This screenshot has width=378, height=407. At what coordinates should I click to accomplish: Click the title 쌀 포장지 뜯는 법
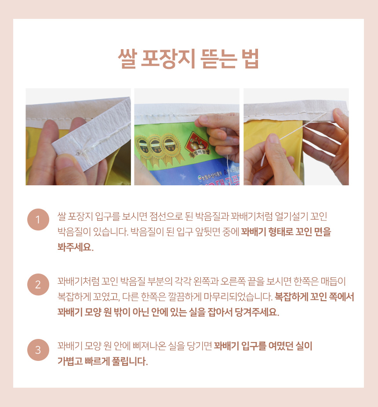click(188, 58)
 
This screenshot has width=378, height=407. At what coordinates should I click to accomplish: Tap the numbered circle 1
click(38, 220)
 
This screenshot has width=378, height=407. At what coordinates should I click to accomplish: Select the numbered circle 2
click(38, 285)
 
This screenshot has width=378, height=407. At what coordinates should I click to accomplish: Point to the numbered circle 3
click(38, 350)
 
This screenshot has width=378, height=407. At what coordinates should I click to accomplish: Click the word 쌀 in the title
click(127, 58)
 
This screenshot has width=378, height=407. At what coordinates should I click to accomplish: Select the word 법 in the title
click(250, 58)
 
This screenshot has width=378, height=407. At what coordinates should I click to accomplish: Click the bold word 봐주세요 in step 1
click(75, 247)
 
